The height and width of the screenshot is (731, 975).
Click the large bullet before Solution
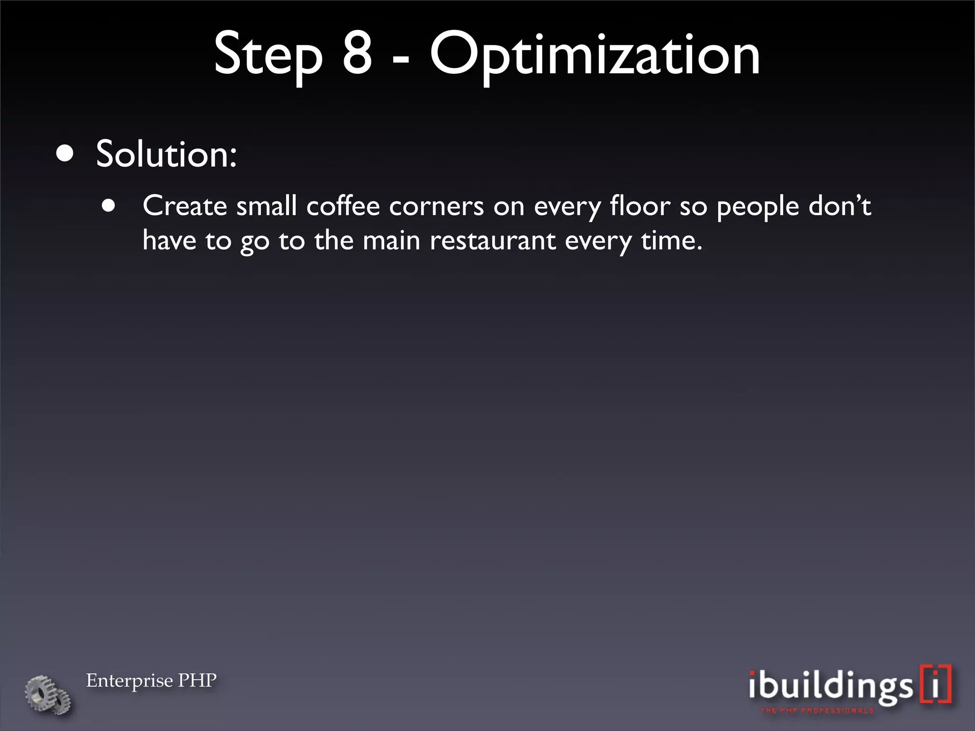pos(65,154)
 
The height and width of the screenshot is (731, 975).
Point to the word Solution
pos(166,154)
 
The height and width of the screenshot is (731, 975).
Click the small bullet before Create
pos(109,206)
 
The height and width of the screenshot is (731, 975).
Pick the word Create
pos(185,206)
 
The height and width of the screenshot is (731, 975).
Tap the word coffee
pos(343,206)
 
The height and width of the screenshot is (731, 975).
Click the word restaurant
pos(492,241)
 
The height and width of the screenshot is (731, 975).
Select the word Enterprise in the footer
pos(129,681)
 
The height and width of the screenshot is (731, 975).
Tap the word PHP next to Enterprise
pos(197,681)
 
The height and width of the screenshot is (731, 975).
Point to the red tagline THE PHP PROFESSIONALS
pos(816,711)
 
